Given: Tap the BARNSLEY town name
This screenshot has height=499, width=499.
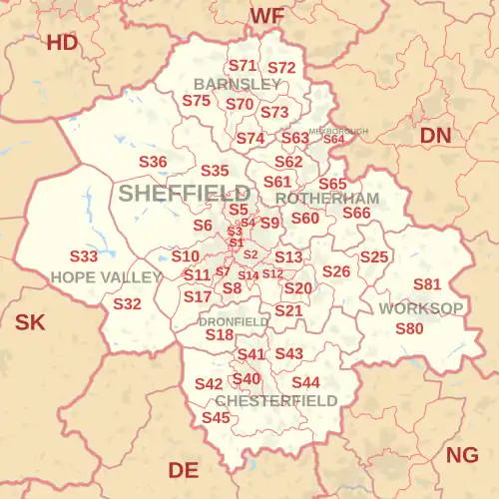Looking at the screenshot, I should click(238, 84).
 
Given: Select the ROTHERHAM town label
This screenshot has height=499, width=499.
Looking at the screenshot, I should click(326, 199).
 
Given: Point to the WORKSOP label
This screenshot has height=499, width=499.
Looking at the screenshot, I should click(420, 308).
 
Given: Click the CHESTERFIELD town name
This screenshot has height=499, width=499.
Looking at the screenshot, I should click(275, 400).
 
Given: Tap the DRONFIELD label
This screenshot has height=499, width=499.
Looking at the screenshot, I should click(234, 321).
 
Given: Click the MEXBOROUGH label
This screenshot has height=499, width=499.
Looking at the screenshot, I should click(338, 131).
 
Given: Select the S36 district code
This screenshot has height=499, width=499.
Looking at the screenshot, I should click(153, 161).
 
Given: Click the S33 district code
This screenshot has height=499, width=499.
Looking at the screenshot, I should click(84, 256).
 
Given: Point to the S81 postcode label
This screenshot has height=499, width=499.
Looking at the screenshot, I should click(426, 284).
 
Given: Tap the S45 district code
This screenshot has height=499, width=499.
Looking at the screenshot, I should click(216, 417).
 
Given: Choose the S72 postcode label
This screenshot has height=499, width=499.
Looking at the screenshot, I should click(281, 68).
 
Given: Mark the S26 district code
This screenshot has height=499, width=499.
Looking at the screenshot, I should click(336, 271).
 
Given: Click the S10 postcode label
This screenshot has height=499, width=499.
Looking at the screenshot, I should click(185, 256).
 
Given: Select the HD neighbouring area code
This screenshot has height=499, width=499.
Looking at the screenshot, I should click(62, 42).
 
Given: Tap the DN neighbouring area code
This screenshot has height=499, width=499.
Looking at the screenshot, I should click(434, 134).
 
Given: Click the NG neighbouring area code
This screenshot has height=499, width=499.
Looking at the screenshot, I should click(462, 455).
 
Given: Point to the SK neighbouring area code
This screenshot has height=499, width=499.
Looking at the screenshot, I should click(30, 321).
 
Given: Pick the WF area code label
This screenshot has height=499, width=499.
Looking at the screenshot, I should click(266, 15).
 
